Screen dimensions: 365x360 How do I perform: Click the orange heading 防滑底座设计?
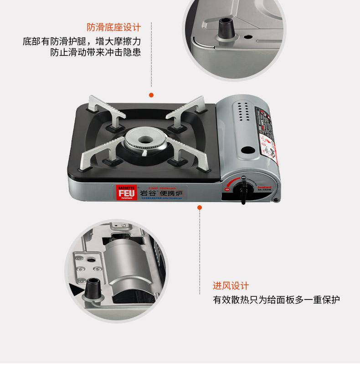pyautogui.click(x=114, y=27)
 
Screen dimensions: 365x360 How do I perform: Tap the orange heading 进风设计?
pyautogui.click(x=231, y=286)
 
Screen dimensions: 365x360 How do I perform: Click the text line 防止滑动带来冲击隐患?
pyautogui.click(x=96, y=52)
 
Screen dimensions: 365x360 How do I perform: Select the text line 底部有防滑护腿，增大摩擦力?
pyautogui.click(x=82, y=41)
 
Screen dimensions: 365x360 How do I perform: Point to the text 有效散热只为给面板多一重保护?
pyautogui.click(x=277, y=300)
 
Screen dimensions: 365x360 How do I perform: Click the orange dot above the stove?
pyautogui.click(x=151, y=95)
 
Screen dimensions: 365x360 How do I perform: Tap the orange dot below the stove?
pyautogui.click(x=199, y=208)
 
